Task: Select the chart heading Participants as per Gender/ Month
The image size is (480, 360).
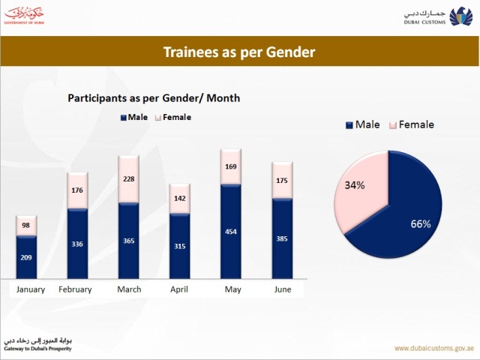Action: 154,98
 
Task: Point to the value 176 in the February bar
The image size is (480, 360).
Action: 77,190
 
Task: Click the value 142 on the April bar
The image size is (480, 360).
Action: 180,199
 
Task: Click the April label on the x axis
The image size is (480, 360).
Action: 180,289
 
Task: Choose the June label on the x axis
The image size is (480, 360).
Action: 282,289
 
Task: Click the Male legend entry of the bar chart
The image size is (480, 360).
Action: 134,117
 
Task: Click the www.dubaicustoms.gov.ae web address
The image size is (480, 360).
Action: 433,348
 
